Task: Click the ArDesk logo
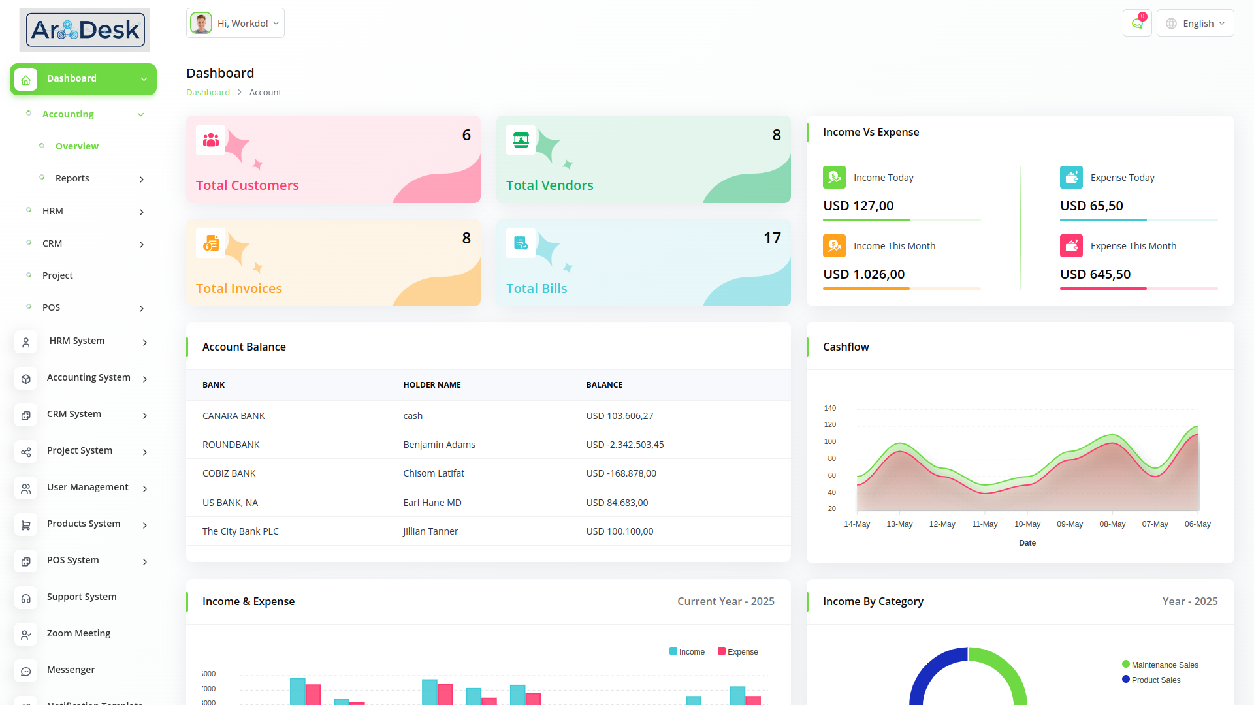click(84, 30)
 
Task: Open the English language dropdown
click(1195, 23)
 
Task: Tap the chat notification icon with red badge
click(1137, 23)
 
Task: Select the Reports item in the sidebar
click(72, 178)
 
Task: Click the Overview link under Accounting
click(77, 146)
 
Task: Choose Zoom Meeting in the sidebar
click(78, 633)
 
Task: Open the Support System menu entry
click(82, 597)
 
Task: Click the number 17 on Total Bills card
click(772, 238)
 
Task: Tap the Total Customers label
click(248, 185)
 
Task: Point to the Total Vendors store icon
click(521, 140)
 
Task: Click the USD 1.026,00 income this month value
click(864, 274)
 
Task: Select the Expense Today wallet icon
click(1071, 178)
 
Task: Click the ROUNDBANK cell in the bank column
click(231, 445)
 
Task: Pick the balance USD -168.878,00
click(621, 473)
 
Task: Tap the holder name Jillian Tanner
click(430, 531)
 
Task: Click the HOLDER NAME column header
click(432, 385)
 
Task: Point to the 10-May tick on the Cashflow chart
click(1027, 524)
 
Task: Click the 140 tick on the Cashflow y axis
click(830, 408)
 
